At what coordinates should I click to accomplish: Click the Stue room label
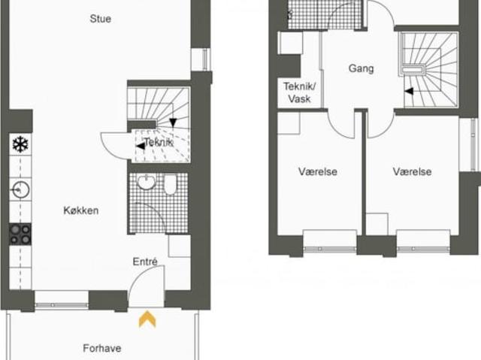coord(100,19)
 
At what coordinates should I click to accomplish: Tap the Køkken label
coord(81,210)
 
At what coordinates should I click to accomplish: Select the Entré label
coord(145,262)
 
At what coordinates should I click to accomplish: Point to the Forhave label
coord(102,348)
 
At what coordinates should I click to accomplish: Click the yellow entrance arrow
coord(147,319)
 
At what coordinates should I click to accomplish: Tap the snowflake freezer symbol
coord(20,144)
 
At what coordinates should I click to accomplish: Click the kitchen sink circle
coord(20,190)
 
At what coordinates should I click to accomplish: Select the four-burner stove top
coord(20,234)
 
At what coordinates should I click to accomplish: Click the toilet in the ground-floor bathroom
coord(170,184)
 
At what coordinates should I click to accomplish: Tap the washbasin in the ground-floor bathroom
coord(147,182)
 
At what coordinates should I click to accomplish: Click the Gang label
coord(361,68)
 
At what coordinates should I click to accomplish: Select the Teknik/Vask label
coord(299,92)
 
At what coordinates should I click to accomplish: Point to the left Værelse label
coord(317,171)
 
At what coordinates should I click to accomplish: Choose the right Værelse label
coord(412,171)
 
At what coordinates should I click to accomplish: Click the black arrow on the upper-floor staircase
coord(409,92)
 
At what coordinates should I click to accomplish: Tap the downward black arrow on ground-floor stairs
coord(173,123)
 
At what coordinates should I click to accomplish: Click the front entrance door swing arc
coord(138,274)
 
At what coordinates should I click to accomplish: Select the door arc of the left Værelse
coord(336,132)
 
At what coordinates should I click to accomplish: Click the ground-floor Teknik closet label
coord(159,142)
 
